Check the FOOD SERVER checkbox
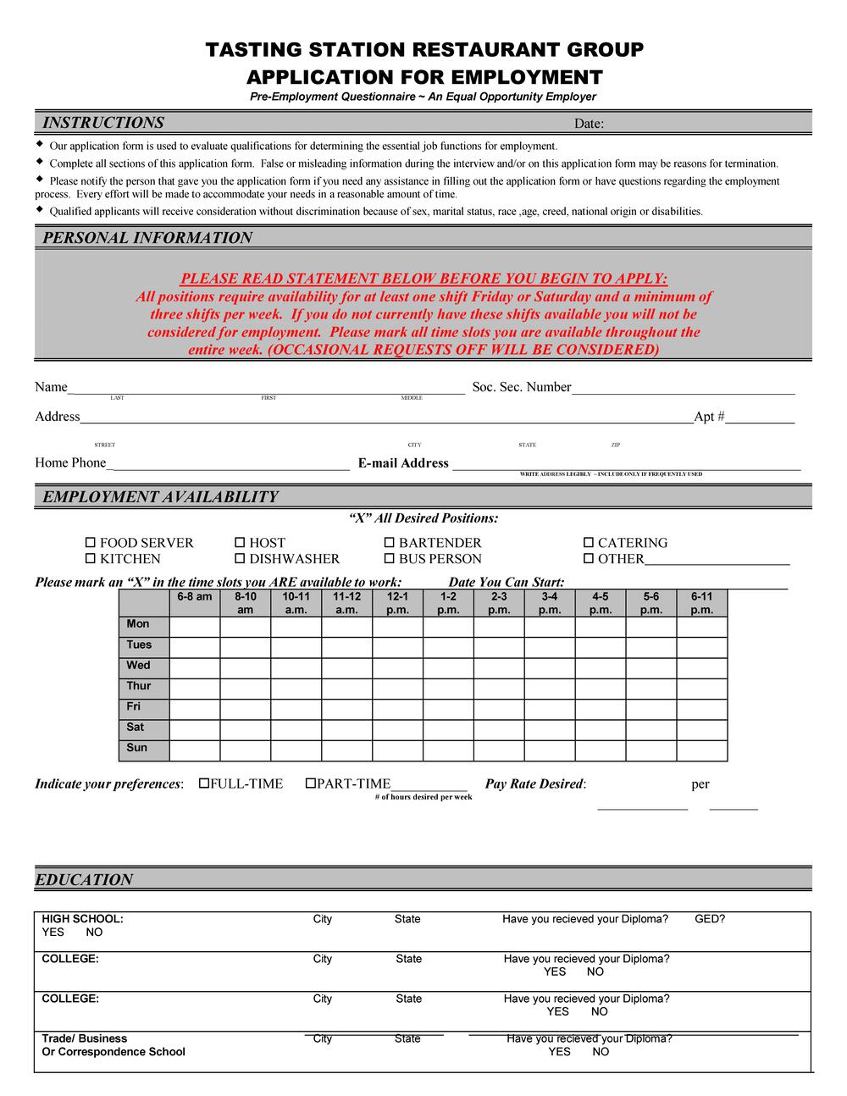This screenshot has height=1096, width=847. [91, 543]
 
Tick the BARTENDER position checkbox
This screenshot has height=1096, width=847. [390, 543]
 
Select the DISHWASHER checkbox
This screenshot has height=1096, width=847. [240, 559]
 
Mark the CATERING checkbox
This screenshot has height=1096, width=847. [589, 543]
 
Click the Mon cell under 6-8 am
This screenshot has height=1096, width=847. [195, 627]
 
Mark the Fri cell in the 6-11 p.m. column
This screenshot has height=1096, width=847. [702, 709]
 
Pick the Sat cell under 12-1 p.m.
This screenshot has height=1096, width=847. [397, 729]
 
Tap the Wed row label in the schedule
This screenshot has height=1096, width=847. [138, 666]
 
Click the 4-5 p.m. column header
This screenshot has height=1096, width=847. [601, 603]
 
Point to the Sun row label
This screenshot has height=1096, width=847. [137, 748]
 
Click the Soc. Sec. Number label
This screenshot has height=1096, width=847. [522, 387]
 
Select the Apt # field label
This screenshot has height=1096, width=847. [709, 417]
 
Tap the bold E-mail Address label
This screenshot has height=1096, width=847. [403, 463]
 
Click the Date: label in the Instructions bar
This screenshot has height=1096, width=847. [589, 124]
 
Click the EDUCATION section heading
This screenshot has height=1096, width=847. [84, 880]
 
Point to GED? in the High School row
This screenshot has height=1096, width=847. [710, 919]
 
